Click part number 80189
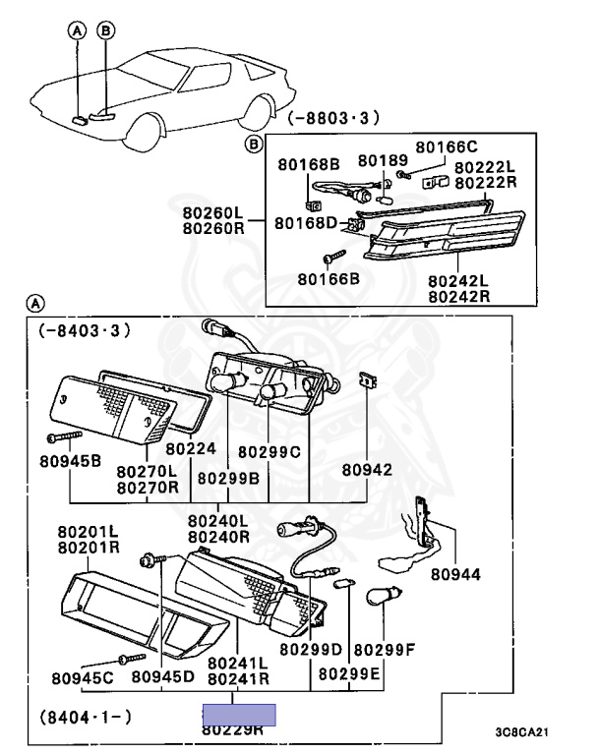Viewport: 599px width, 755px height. (x=375, y=160)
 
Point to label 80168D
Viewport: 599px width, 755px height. (x=306, y=223)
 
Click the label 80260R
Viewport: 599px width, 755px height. (x=211, y=229)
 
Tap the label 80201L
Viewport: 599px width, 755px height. (x=88, y=531)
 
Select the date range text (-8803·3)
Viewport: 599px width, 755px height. (x=333, y=120)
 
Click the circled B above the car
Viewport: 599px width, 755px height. (x=105, y=31)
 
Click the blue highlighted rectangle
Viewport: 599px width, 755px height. (x=238, y=715)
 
